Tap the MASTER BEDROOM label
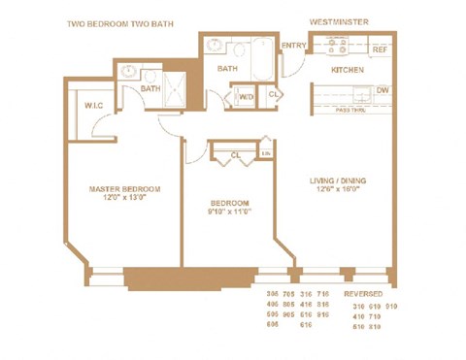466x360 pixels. [x=124, y=188]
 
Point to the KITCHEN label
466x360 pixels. [x=347, y=70]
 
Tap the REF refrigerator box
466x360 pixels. [x=381, y=49]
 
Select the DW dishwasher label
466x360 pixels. [x=383, y=91]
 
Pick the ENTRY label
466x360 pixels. [x=292, y=46]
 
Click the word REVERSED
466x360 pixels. [x=360, y=292]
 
